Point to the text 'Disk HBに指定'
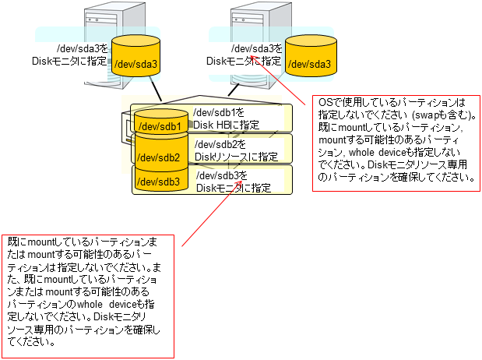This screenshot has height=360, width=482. pos(227,125)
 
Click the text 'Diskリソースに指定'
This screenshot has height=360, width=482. pos(236,157)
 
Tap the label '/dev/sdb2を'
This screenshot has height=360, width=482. pos(220,145)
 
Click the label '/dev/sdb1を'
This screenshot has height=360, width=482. pos(219,113)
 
